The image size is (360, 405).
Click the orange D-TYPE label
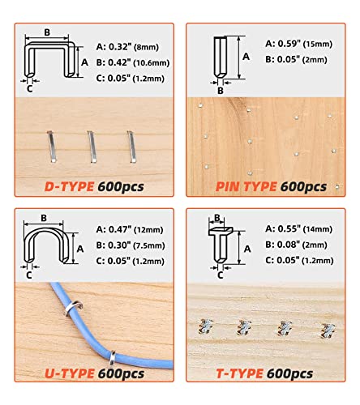[x=69, y=186]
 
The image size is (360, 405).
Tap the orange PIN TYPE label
[x=246, y=186]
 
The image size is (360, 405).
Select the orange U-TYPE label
[x=70, y=373]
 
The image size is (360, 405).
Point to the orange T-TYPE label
[x=239, y=373]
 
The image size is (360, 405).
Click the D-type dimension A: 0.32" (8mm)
[x=127, y=47]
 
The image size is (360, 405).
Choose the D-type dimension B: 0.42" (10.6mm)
[x=133, y=62]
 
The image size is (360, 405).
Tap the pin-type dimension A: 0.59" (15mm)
[x=298, y=44]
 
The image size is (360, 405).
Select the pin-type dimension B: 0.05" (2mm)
[x=296, y=59]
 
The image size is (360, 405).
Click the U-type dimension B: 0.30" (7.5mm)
[x=131, y=245]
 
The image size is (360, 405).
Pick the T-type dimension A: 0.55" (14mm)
[x=298, y=229]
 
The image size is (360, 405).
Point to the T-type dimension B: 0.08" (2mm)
[x=296, y=245]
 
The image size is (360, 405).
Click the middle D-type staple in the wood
[x=92, y=147]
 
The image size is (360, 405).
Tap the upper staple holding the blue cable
[x=73, y=309]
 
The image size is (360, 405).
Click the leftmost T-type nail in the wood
[x=205, y=326]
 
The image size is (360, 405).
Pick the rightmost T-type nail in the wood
[x=328, y=330]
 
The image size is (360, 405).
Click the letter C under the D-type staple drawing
[x=30, y=88]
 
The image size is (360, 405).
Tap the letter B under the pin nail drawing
[x=221, y=91]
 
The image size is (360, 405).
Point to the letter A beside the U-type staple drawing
[x=80, y=249]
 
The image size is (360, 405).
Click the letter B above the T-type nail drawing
[x=217, y=218]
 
